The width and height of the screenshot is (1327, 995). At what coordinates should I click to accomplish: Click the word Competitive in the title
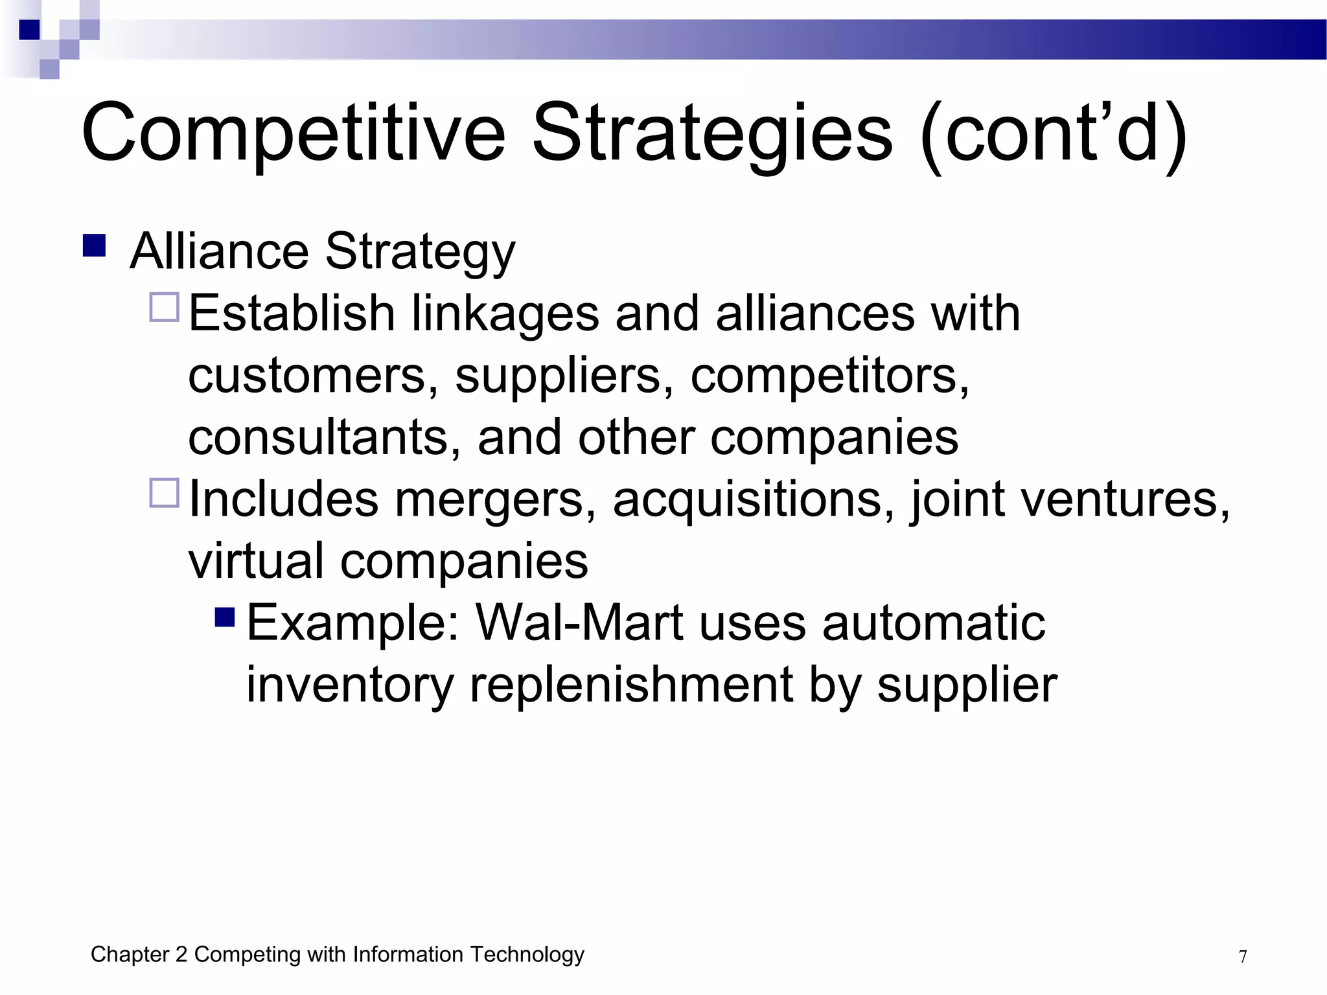pos(293,133)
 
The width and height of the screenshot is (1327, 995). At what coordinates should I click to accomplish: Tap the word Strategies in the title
pos(712,133)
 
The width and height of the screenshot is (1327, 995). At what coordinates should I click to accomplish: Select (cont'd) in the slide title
pos(1053,133)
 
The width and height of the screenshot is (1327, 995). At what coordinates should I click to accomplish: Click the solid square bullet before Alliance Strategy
pos(95,246)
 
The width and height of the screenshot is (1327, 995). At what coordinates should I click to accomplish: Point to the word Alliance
pos(219,251)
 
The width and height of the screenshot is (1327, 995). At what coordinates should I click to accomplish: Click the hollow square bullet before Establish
pos(165,308)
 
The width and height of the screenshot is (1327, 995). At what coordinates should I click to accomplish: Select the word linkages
pos(505,314)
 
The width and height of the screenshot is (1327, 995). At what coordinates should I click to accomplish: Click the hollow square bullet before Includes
pos(165,493)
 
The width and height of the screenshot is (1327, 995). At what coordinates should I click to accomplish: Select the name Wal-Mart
pos(579,623)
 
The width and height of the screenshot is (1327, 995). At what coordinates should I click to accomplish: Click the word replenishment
pos(631,685)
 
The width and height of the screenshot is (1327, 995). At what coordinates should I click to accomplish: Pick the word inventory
pos(350,685)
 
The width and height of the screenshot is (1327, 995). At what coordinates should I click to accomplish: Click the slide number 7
pos(1243,957)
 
